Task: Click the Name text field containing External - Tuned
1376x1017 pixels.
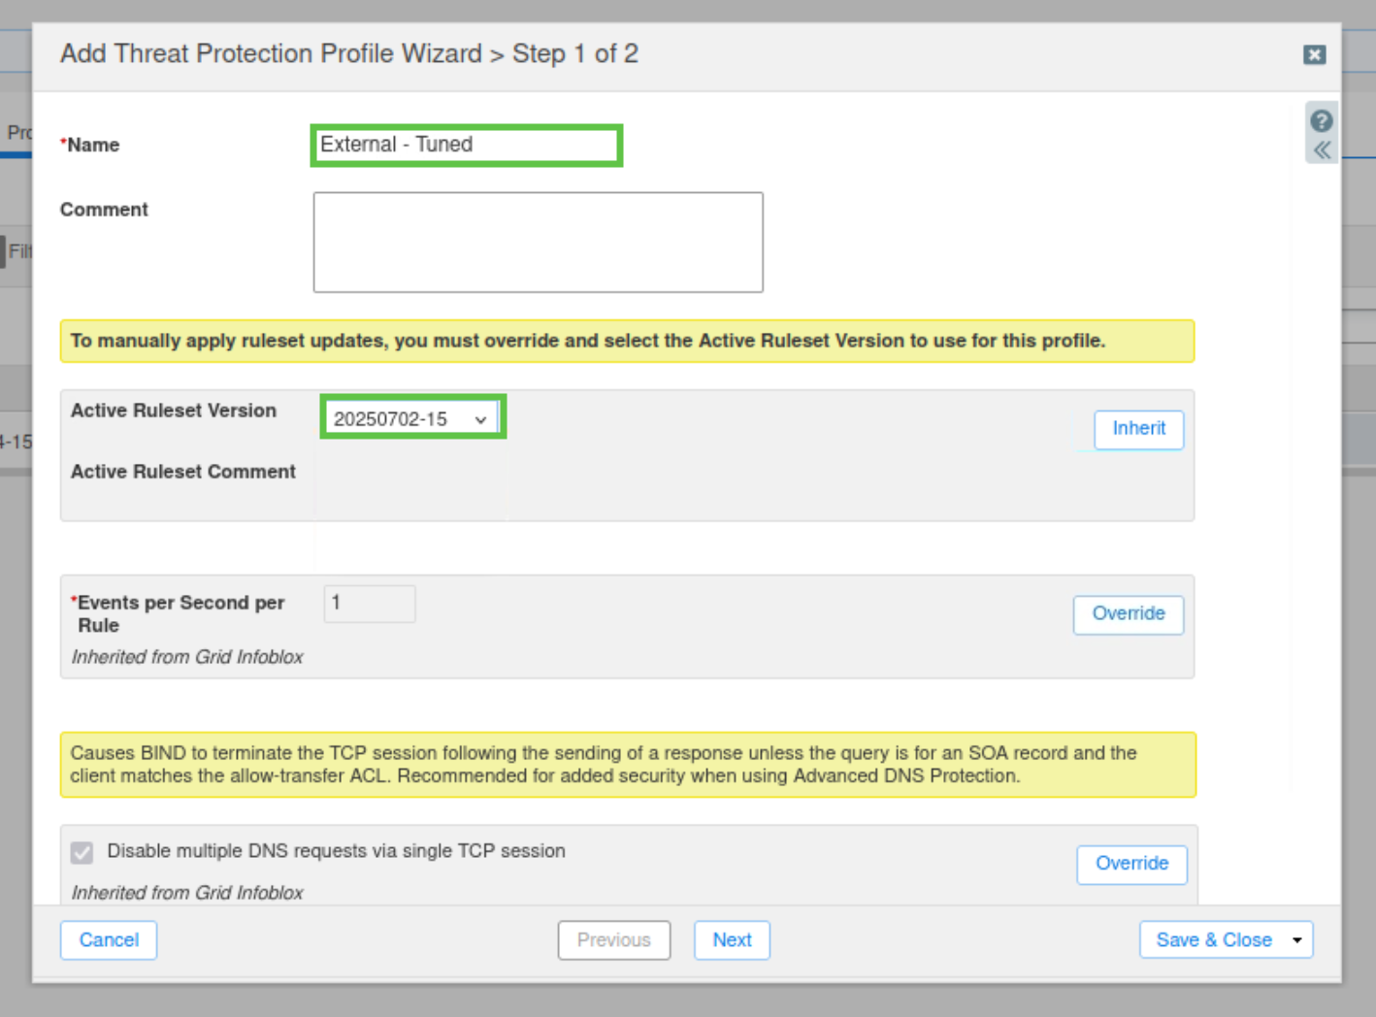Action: click(467, 146)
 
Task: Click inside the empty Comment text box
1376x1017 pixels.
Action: click(538, 242)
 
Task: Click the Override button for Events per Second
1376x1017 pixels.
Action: click(1128, 614)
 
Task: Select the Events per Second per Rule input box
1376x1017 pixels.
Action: click(369, 604)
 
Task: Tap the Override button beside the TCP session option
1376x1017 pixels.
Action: click(1131, 864)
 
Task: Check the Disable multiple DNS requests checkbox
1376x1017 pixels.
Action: click(82, 853)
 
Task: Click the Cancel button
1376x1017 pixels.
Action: click(109, 940)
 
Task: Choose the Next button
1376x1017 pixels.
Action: click(732, 940)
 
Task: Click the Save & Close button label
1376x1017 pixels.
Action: click(1214, 940)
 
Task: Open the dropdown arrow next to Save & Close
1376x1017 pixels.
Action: click(1297, 940)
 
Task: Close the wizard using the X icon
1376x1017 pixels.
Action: click(1315, 54)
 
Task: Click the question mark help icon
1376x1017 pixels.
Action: click(1322, 121)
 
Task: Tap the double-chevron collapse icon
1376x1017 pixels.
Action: click(1322, 150)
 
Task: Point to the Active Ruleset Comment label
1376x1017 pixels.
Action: click(183, 472)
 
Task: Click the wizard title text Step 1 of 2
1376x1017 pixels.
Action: click(575, 54)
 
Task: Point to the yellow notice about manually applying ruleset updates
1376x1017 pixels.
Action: click(627, 341)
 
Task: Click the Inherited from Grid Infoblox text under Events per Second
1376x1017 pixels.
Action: click(187, 657)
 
